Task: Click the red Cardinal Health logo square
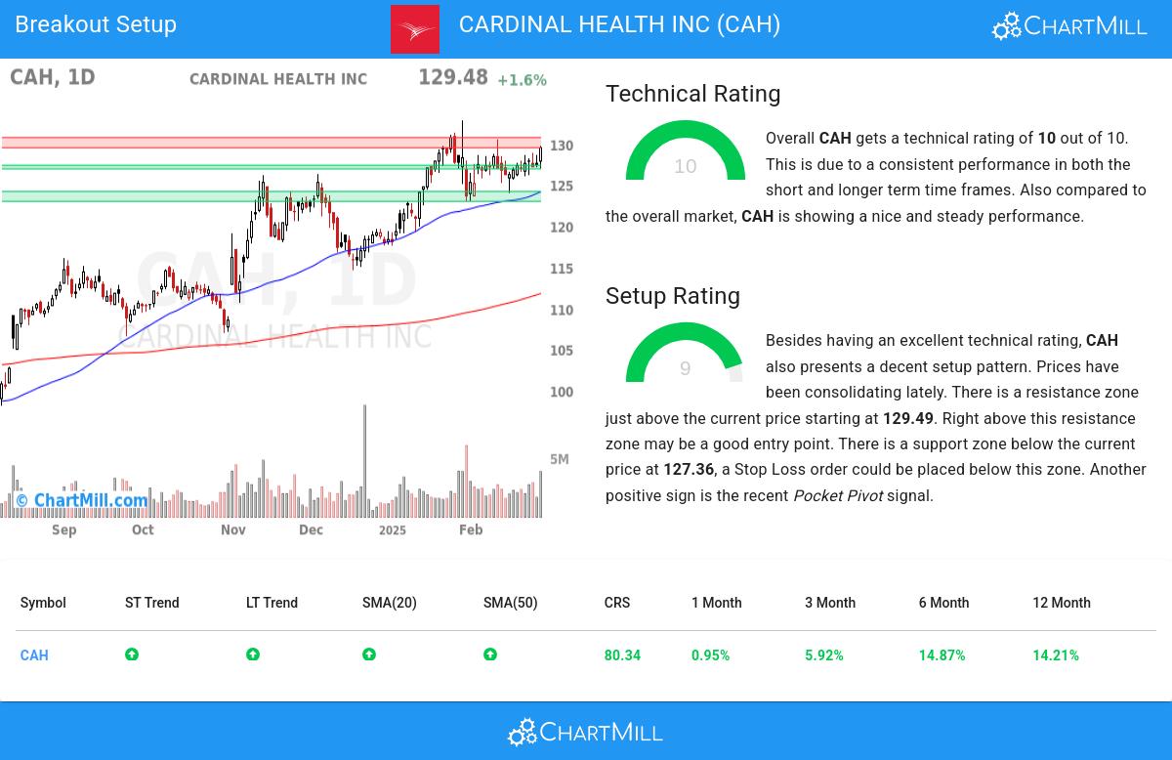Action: coord(415,29)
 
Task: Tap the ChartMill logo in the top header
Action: coord(1069,26)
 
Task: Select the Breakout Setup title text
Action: coord(96,24)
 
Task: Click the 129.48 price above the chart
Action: coord(452,77)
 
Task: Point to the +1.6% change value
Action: coord(522,80)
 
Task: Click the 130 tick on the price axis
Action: coord(561,146)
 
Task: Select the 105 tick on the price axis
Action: coord(561,351)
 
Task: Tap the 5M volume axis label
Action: coord(559,459)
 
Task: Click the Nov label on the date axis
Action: coord(232,529)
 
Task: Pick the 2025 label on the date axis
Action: coord(392,529)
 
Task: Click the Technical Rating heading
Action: coord(692,94)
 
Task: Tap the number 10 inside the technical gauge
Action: coord(686,167)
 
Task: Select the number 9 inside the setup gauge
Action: coord(685,368)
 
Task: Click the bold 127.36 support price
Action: coord(689,470)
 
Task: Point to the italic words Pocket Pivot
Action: coord(837,496)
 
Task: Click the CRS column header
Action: coord(617,603)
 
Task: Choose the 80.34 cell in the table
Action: coord(622,655)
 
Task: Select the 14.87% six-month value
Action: coord(942,655)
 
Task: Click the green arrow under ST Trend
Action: coord(132,654)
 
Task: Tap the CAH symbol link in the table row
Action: coord(34,655)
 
